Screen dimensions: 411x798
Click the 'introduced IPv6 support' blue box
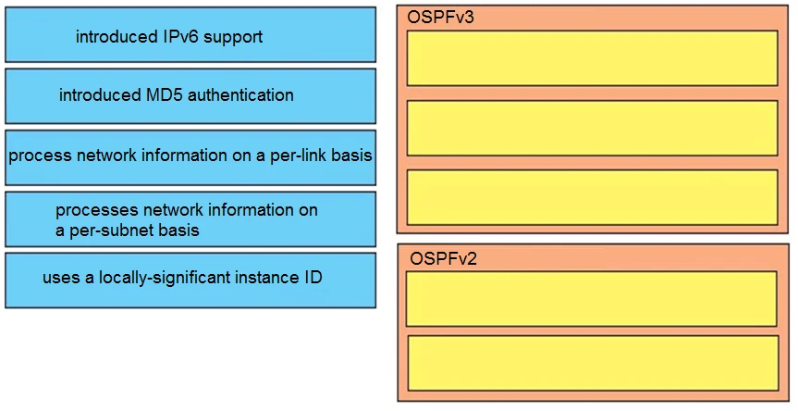[190, 35]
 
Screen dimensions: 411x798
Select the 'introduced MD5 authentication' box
[190, 95]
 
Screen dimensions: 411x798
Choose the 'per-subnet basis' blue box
[190, 219]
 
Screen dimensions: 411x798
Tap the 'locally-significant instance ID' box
[190, 280]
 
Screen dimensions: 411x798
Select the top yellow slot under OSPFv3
[592, 57]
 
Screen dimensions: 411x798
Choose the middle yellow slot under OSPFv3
[592, 127]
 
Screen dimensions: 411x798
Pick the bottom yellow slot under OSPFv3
[592, 196]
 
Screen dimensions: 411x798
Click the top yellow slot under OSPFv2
[592, 298]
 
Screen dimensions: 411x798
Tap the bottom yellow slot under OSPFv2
[592, 362]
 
